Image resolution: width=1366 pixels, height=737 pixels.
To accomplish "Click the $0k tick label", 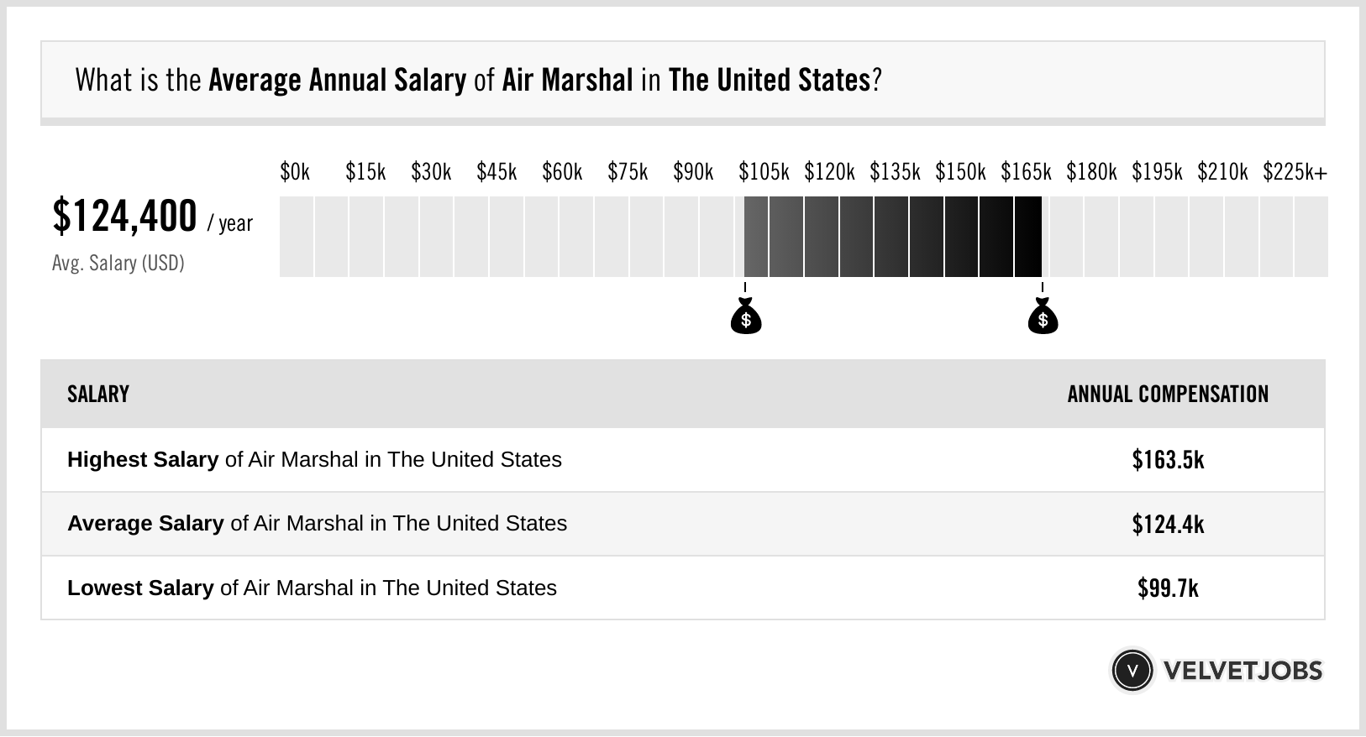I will click(295, 172).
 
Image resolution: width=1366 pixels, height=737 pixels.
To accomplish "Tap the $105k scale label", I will click(764, 172).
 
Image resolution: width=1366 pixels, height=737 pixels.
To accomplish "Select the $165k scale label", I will click(1026, 172).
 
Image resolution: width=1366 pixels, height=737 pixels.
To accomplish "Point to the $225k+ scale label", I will click(1295, 172).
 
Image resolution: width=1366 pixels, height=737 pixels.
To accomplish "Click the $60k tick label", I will click(562, 172).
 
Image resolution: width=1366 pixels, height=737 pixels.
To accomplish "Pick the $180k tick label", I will click(1091, 172).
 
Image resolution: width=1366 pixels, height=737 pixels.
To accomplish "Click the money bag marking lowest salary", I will click(746, 318).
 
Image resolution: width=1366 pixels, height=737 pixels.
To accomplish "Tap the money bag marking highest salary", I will click(1043, 318).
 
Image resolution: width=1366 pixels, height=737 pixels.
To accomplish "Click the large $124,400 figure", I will click(124, 216).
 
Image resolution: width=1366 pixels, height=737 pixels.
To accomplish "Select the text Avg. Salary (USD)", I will click(118, 264).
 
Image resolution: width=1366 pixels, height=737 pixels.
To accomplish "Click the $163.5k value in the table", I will click(1168, 460).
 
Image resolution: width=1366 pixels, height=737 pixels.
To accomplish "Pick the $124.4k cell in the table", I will click(1168, 525).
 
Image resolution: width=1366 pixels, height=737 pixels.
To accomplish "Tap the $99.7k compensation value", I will click(1168, 588).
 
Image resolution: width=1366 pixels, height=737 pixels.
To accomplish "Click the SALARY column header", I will click(98, 395).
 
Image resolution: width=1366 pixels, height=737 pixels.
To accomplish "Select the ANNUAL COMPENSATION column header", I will click(1168, 395).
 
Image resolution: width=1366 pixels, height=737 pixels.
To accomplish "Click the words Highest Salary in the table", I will click(143, 460).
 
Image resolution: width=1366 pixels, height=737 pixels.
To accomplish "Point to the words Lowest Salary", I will click(140, 588).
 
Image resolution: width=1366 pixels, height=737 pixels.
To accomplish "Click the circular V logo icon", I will click(1132, 671).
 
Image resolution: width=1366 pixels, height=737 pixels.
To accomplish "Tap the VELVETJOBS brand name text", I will click(1243, 671).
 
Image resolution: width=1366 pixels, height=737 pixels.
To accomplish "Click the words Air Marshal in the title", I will click(567, 81).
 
